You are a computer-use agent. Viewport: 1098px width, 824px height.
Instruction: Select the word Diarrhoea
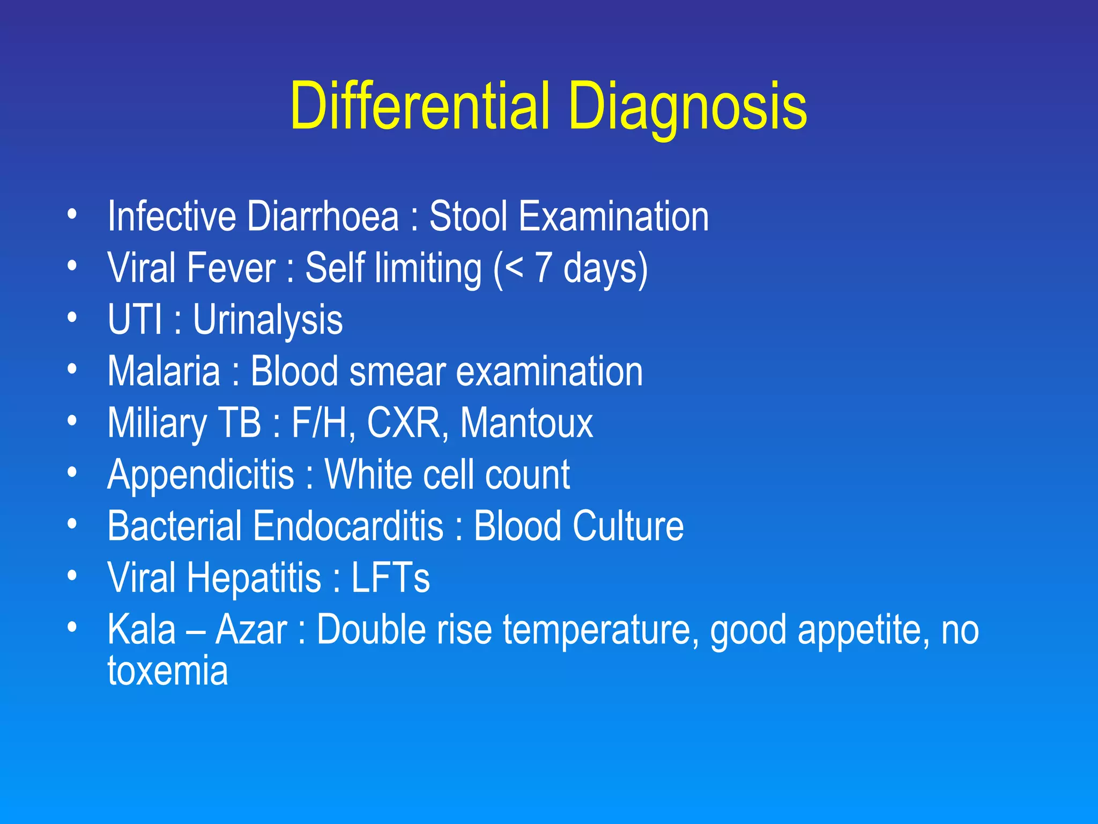[x=323, y=216]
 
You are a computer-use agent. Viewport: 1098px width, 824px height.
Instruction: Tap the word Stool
[x=468, y=216]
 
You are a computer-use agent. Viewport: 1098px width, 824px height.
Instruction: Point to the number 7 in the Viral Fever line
[x=543, y=268]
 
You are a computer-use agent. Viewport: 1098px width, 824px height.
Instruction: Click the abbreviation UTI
[x=135, y=319]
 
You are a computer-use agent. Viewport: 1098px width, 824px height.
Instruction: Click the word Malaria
[x=164, y=371]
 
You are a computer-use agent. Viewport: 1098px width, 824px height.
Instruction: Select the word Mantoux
[x=526, y=423]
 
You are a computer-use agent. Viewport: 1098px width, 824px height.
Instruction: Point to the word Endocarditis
[x=348, y=526]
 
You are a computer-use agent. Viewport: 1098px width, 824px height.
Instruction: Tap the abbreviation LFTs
[x=390, y=578]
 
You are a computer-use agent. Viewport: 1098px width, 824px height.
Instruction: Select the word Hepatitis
[x=254, y=578]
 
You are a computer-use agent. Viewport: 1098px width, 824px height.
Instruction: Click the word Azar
[x=251, y=629]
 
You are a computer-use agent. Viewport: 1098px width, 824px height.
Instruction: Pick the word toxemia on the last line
[x=168, y=672]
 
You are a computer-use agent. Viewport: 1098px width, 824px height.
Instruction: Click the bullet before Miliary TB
[x=72, y=421]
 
